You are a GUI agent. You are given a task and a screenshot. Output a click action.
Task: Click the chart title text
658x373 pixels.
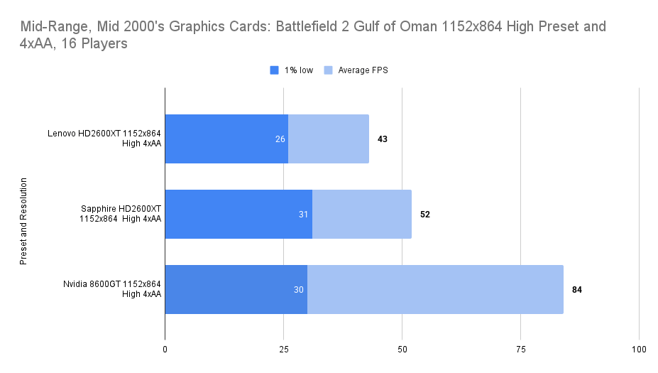(313, 35)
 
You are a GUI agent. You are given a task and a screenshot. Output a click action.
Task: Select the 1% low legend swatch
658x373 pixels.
(274, 70)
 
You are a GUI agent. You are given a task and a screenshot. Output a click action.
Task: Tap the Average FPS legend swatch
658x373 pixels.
(328, 70)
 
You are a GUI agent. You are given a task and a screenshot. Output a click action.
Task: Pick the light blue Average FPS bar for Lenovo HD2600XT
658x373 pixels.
(329, 139)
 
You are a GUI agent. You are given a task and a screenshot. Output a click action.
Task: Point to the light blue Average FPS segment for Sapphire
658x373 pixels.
(362, 214)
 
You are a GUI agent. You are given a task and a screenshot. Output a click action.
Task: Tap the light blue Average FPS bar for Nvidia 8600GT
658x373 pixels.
(435, 289)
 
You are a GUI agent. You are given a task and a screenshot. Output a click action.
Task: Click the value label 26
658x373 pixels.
(280, 139)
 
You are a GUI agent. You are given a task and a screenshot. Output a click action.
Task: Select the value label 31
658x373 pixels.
(304, 215)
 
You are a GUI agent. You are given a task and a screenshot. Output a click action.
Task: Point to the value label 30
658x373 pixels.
(299, 290)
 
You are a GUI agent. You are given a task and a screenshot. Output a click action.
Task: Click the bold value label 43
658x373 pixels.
(382, 139)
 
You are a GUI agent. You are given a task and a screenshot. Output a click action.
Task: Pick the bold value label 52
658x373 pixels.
(424, 215)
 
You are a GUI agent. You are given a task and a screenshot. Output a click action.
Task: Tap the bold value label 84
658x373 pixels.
(576, 290)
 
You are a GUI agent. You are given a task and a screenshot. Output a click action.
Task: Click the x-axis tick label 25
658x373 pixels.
(283, 350)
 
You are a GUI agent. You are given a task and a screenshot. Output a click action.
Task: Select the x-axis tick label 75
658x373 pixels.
(520, 350)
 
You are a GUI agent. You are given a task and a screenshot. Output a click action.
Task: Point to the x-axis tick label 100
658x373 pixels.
(639, 350)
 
